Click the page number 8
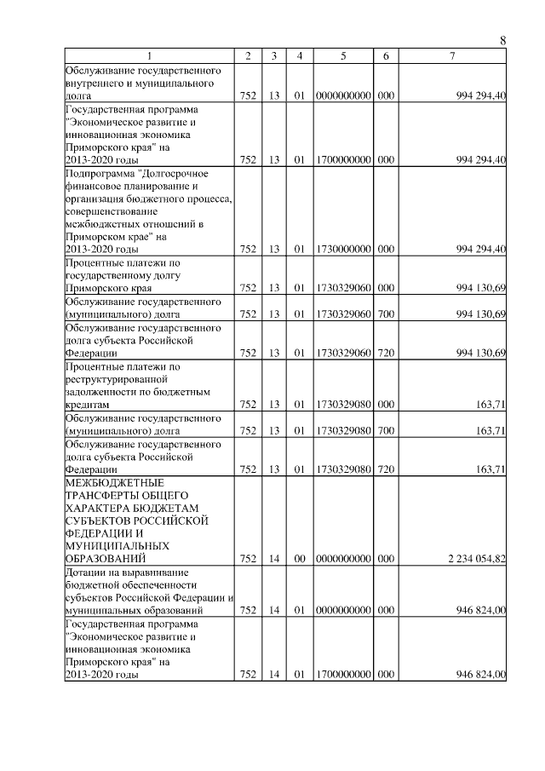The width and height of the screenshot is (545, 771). tap(502, 40)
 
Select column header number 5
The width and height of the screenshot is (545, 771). tap(342, 55)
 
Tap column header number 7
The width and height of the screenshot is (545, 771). tap(452, 55)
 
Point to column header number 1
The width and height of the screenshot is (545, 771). tap(149, 55)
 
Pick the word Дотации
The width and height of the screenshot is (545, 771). tap(83, 571)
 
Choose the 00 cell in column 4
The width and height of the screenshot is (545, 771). tap(299, 558)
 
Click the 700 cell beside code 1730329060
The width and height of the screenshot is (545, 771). tap(385, 314)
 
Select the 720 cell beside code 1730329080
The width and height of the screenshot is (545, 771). tap(385, 469)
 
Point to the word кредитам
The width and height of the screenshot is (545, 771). tap(88, 405)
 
